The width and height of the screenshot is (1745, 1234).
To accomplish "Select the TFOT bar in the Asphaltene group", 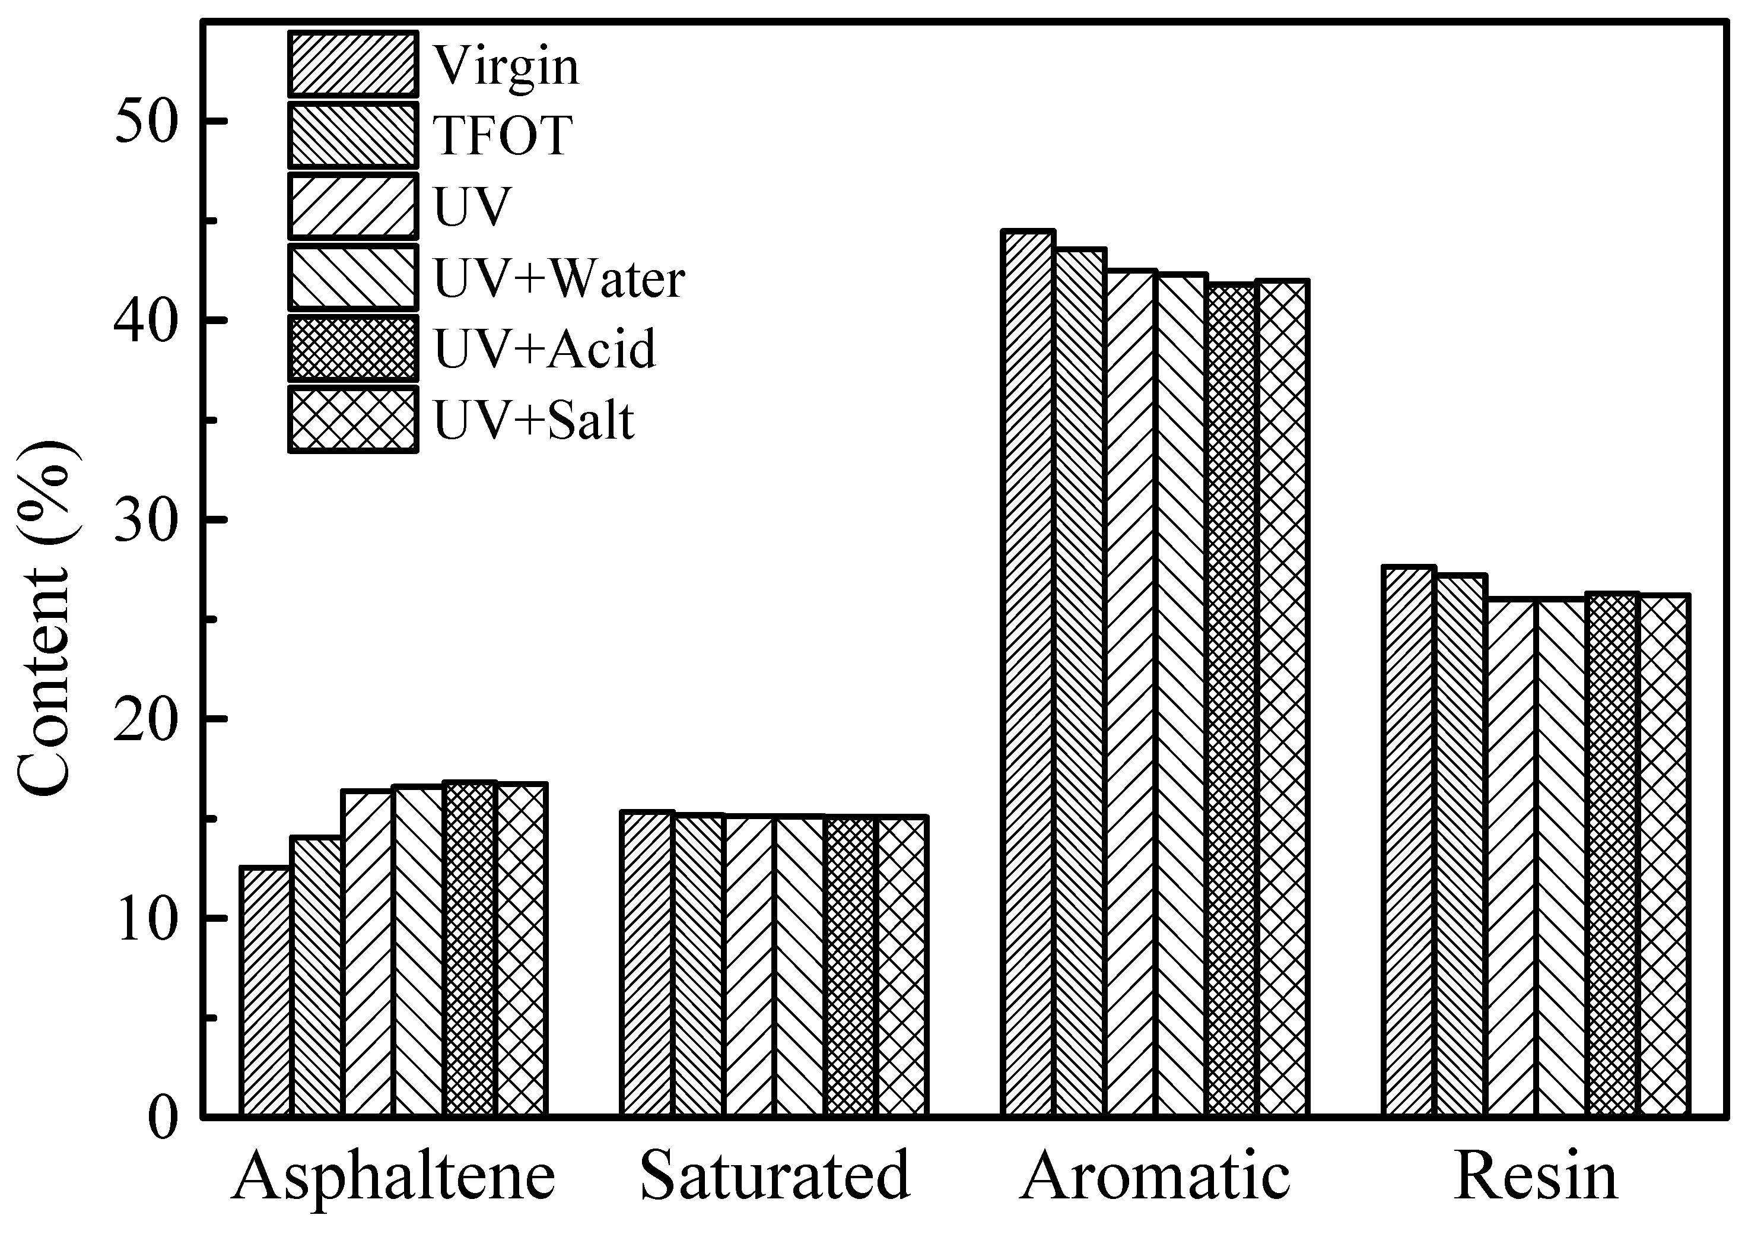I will point(316,976).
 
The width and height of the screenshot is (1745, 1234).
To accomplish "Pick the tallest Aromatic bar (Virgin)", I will point(1028,674).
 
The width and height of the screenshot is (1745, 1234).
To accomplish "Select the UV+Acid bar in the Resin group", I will point(1612,855).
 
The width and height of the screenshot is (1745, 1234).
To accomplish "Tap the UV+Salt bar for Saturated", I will point(902,966).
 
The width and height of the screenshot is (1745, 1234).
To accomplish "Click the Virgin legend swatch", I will point(352,65).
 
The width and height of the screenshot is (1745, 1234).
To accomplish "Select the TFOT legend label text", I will point(503,135).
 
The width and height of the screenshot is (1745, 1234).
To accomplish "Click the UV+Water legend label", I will point(560,278).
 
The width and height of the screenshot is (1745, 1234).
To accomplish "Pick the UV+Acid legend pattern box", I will point(352,348).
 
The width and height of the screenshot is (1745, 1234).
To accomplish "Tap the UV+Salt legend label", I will point(533,420).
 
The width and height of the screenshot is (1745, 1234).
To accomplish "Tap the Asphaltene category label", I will point(394,1176).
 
